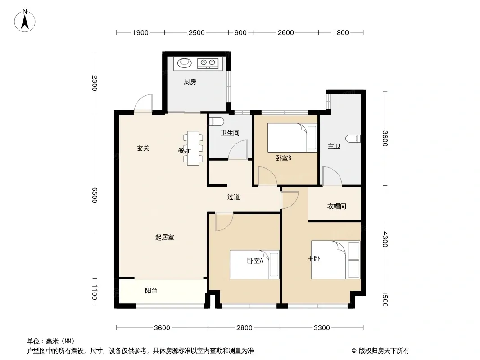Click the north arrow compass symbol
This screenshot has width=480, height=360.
[25, 21]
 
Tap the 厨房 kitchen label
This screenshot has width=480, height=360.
[190, 81]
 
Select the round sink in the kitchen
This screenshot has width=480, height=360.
[184, 63]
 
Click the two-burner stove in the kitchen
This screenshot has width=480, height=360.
[208, 63]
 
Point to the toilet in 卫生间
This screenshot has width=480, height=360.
[217, 121]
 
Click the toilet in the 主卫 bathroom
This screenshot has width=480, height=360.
[353, 139]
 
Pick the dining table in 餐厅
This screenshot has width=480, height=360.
[193, 148]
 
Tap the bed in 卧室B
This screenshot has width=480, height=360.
[292, 137]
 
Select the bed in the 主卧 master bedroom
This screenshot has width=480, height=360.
[335, 260]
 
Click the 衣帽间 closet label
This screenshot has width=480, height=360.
[336, 206]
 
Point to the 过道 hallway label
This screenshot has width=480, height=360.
[233, 197]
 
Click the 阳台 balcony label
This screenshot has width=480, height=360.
[151, 291]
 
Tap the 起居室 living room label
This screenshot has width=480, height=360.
[165, 237]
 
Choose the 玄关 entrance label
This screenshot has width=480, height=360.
[143, 148]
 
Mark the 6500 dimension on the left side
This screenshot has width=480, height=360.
[95, 195]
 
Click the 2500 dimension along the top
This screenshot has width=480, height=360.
[196, 33]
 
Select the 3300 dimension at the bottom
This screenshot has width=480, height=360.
[322, 328]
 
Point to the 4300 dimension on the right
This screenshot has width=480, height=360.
[385, 239]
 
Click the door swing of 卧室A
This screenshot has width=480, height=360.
[224, 222]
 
